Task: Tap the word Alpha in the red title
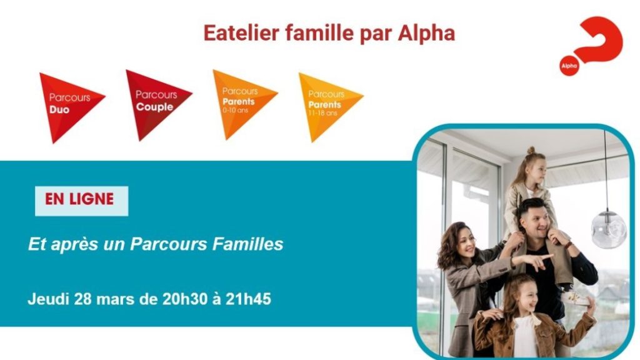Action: (426, 34)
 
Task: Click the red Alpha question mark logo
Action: (591, 46)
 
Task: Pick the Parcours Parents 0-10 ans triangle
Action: (242, 104)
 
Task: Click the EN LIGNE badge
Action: (81, 201)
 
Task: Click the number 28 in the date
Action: (83, 299)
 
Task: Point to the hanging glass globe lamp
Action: (608, 229)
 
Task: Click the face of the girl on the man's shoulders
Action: (538, 173)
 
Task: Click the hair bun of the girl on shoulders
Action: (531, 150)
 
